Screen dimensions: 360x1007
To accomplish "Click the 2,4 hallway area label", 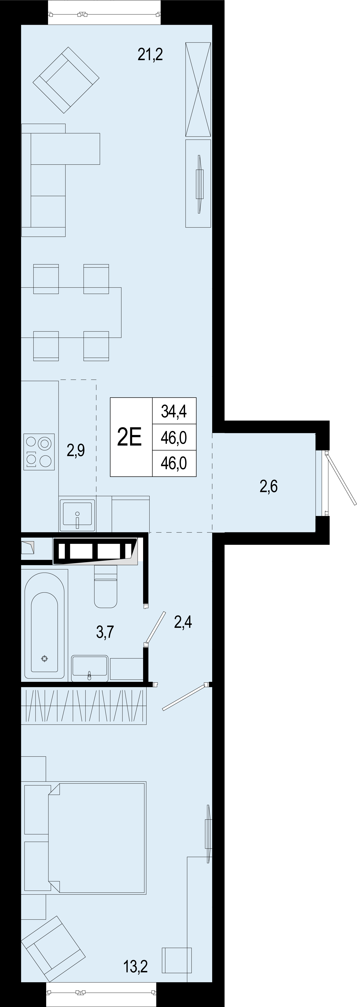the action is tap(183, 621).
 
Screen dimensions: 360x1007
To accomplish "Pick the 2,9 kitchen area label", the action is tap(76, 450).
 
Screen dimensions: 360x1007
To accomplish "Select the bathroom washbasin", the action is tap(90, 669).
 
